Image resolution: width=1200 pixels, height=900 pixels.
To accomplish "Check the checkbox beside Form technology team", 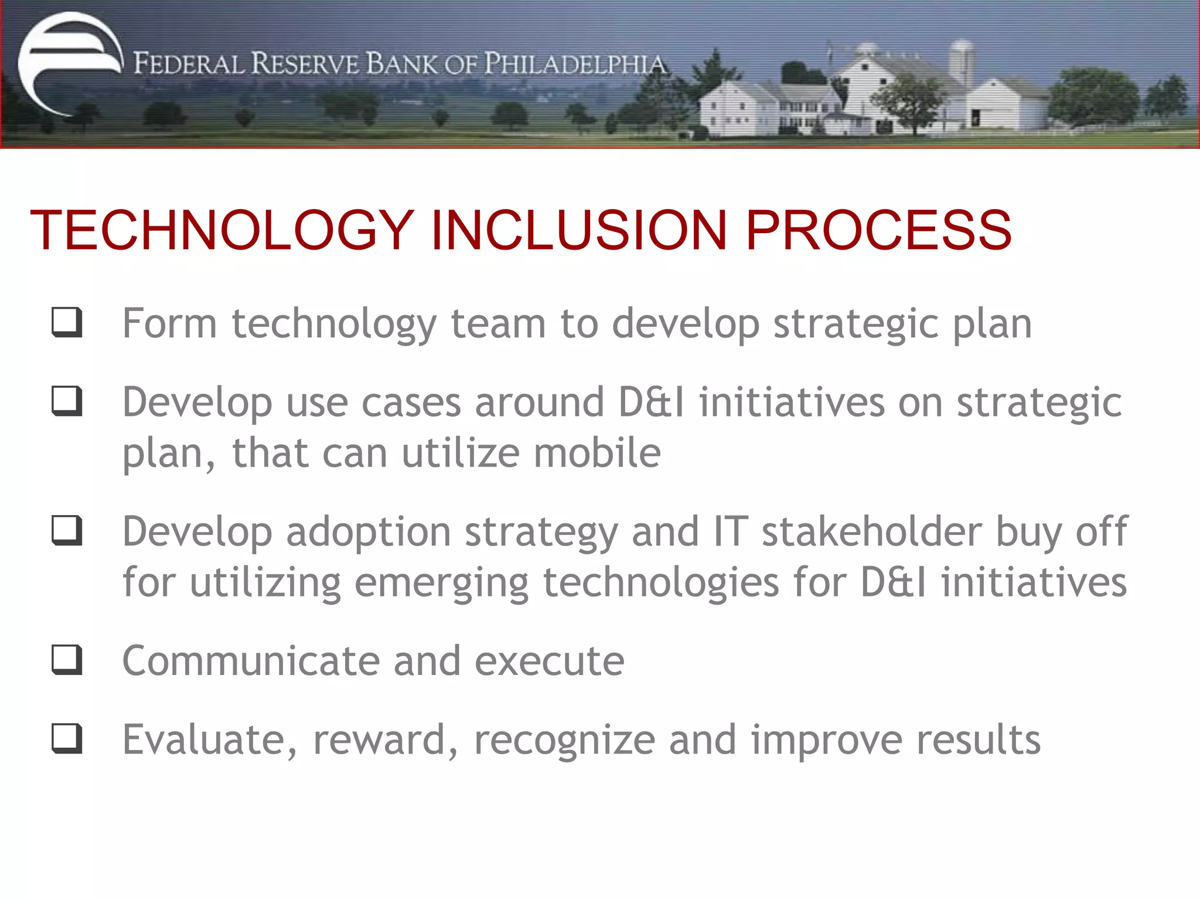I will point(67,322).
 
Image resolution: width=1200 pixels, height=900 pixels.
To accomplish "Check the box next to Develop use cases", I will point(67,401).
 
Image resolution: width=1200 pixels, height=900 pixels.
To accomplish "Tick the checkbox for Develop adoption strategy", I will point(67,530).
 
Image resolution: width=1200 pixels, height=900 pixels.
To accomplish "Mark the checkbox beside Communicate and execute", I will point(67,660).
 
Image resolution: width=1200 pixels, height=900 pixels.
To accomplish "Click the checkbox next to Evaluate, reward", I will point(67,738).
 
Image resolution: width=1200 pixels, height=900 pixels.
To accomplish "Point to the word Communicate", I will point(251,661).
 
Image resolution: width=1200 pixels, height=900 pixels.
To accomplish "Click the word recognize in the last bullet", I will point(564,740).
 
